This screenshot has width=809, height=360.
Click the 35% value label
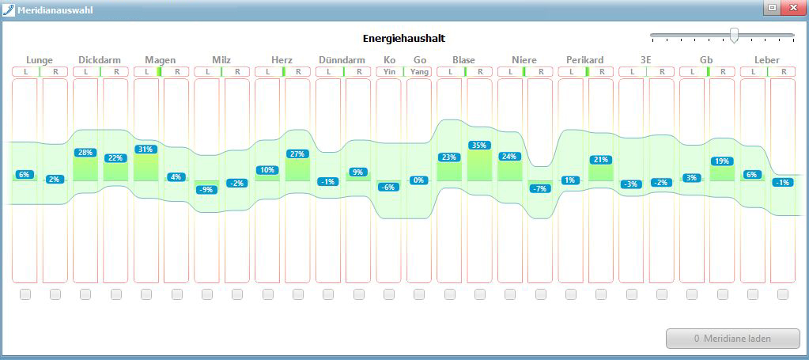(x=479, y=145)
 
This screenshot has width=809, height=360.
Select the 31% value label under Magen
(x=146, y=150)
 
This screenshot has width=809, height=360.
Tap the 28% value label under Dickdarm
(x=85, y=153)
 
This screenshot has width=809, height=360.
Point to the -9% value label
(x=206, y=190)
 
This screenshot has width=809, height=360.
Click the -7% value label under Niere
(x=540, y=188)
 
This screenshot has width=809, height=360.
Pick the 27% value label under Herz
(x=297, y=153)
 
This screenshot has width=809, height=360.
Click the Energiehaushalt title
(x=404, y=38)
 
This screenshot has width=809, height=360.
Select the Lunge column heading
(x=40, y=60)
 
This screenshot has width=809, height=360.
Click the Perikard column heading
(x=584, y=60)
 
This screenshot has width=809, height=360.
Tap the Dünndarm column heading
(x=342, y=60)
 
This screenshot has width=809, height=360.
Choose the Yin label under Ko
(x=390, y=72)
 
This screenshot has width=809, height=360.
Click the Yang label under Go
(x=419, y=72)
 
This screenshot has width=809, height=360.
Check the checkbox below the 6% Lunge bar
(x=25, y=294)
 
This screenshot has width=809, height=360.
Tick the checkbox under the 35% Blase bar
(x=479, y=294)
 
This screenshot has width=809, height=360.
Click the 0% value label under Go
(x=419, y=180)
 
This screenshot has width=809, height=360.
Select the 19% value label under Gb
(x=722, y=161)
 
